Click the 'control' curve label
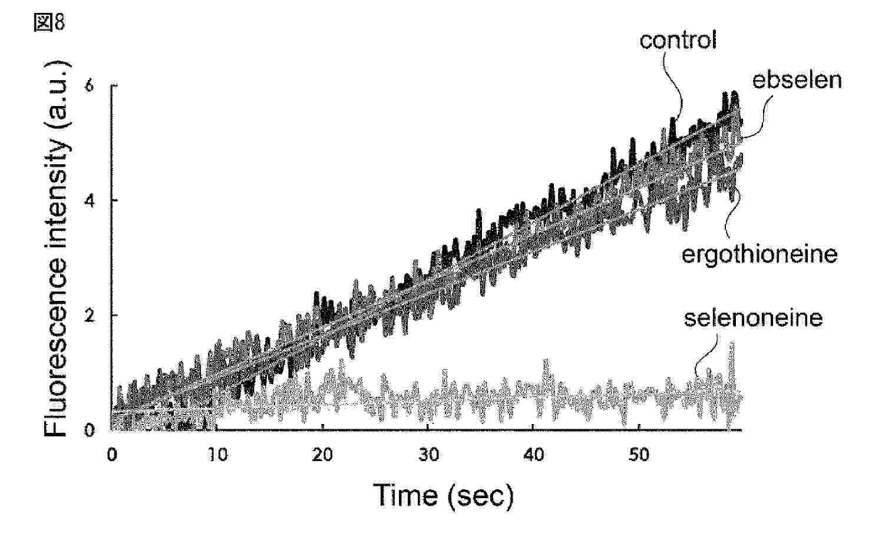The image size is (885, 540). (678, 40)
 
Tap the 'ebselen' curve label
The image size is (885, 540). (797, 80)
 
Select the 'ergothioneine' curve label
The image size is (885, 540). (759, 254)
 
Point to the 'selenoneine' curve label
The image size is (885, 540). (753, 318)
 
